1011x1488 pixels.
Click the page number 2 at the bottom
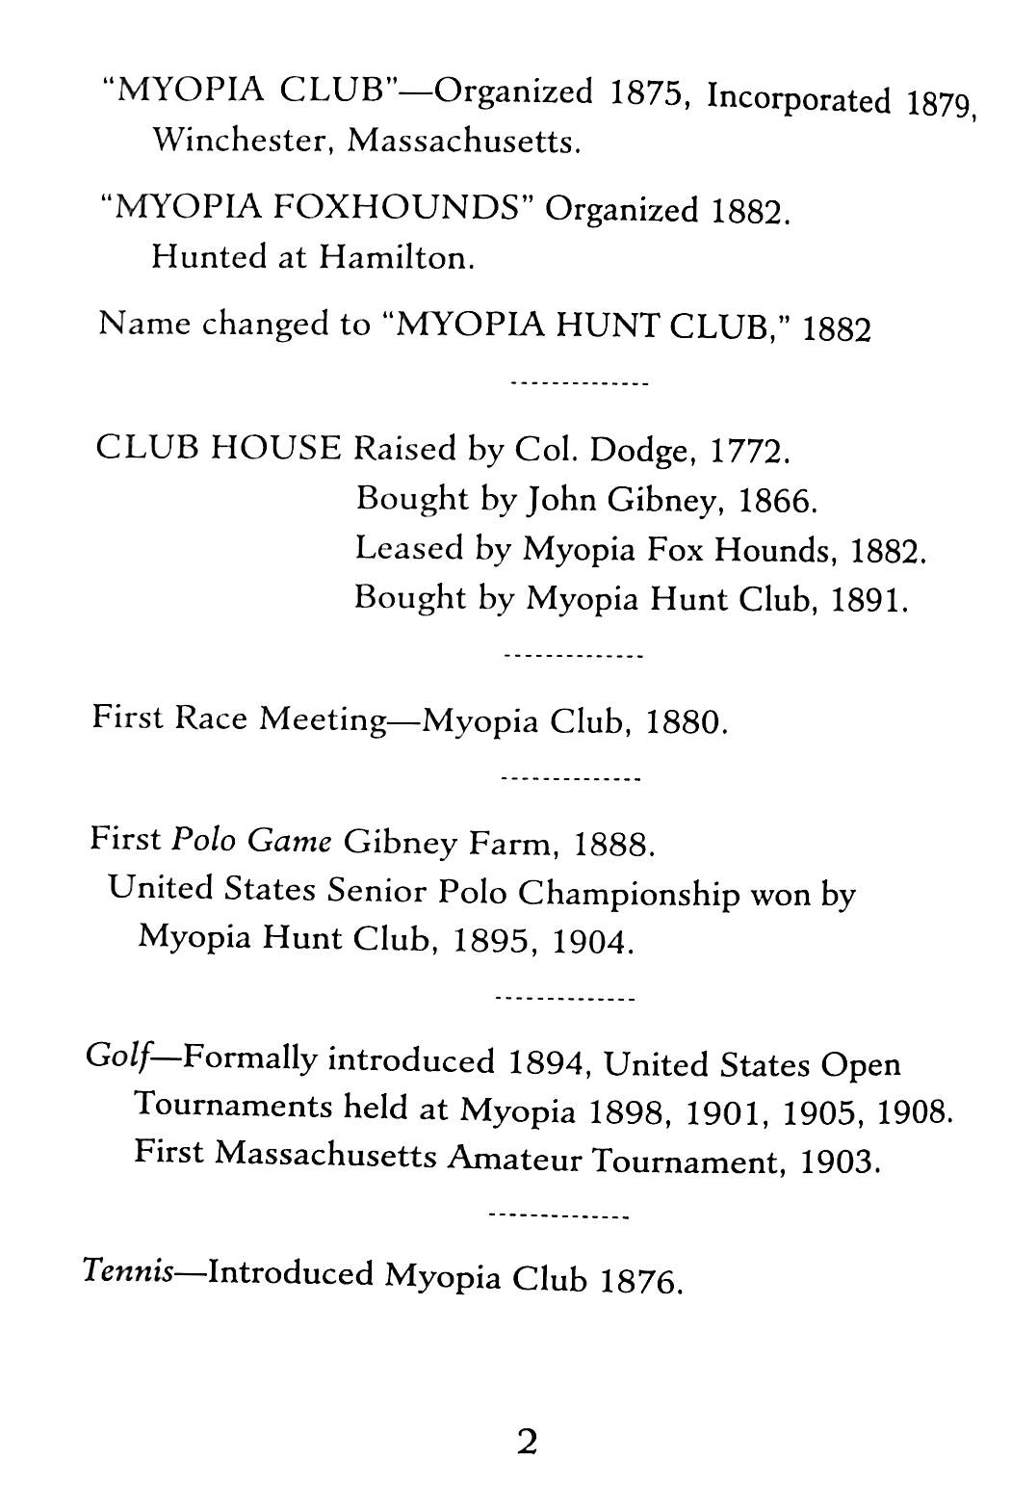point(526,1442)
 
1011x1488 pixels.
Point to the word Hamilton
point(397,257)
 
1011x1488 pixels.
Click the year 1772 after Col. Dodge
point(750,450)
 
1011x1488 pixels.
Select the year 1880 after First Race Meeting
point(685,722)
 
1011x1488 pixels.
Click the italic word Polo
point(203,840)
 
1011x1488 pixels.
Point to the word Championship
point(629,893)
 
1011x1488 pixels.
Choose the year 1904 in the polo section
point(593,940)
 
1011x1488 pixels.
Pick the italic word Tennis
point(128,1272)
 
